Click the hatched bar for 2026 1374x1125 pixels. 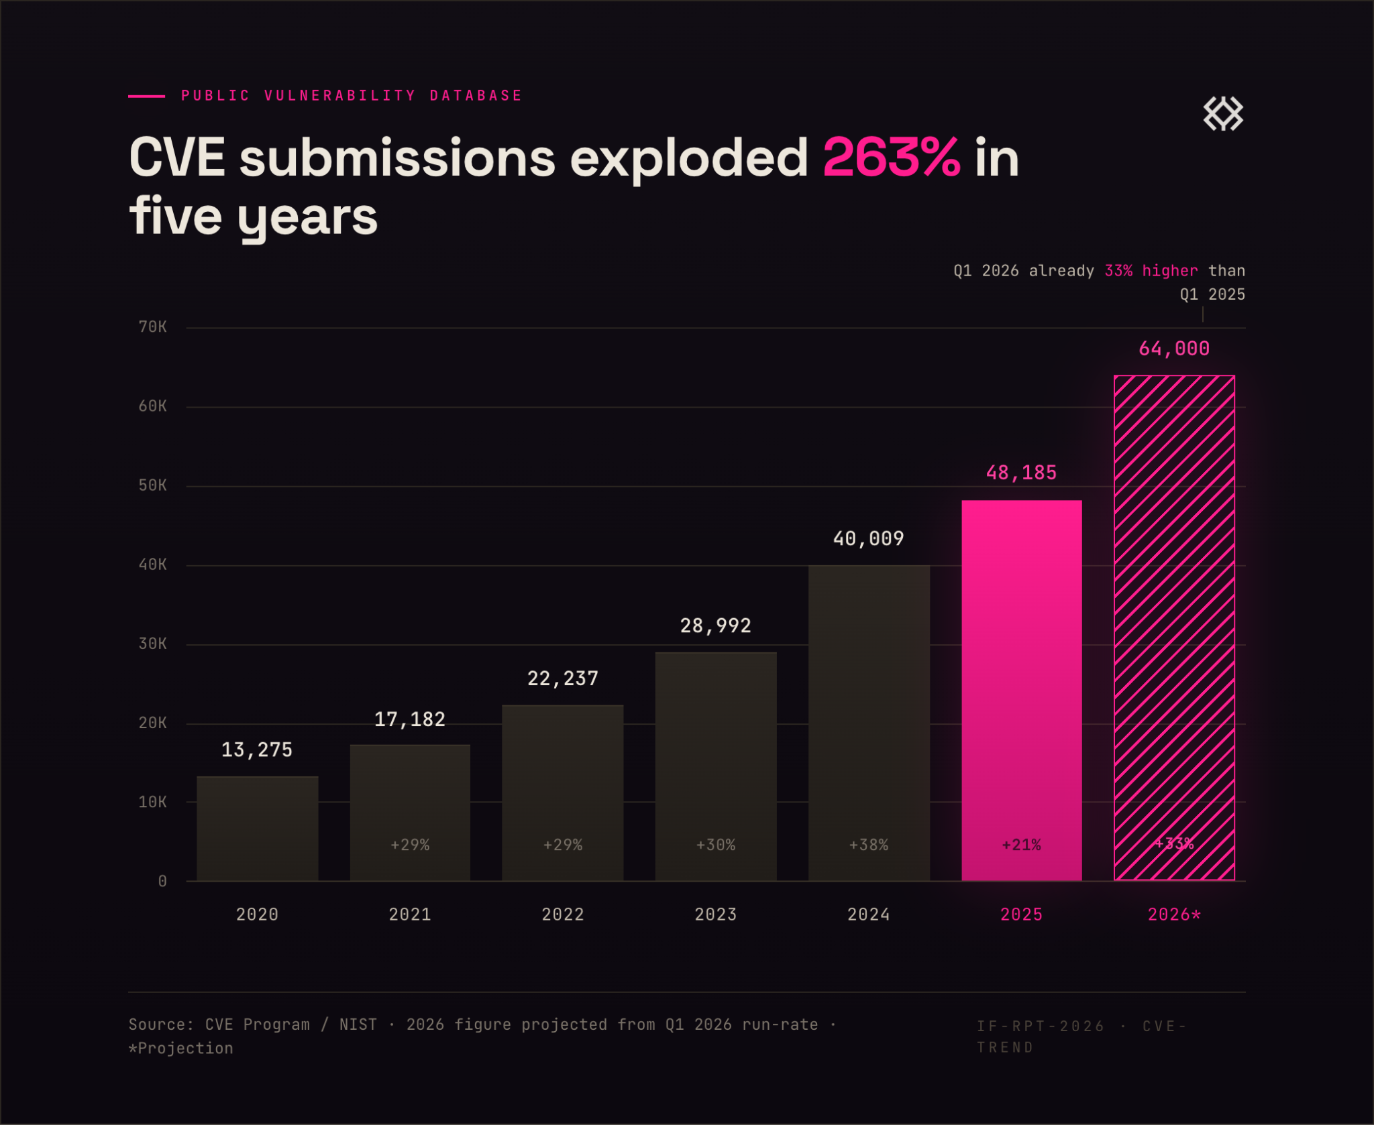coord(1174,628)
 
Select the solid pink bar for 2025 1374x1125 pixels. coord(1021,690)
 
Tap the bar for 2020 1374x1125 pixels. coord(257,828)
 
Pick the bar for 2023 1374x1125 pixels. coord(716,766)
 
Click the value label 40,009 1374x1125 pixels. coord(868,538)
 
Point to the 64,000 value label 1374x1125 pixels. coord(1174,349)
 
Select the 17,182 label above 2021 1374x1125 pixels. coord(409,719)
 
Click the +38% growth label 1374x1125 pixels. coord(868,845)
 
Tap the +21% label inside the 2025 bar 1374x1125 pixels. coord(1021,845)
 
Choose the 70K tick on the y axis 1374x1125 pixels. coord(152,327)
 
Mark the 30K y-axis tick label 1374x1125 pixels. coord(152,644)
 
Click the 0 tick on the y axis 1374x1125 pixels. coord(162,881)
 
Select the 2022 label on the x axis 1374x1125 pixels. coord(562,914)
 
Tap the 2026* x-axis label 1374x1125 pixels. coord(1174,914)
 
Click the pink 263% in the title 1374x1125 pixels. coord(891,158)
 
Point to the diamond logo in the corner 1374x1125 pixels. coord(1223,113)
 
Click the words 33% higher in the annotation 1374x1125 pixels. coord(1151,271)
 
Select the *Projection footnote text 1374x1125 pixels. coord(180,1048)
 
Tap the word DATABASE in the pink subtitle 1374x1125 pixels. coord(476,96)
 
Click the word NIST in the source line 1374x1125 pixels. coord(358,1024)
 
